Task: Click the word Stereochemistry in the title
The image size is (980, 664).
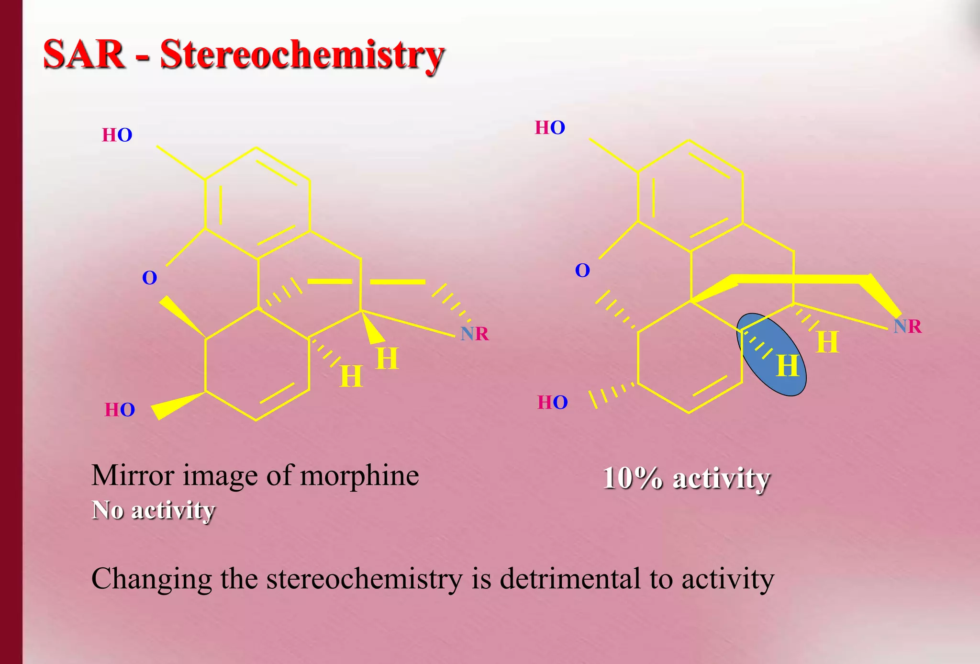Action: (302, 55)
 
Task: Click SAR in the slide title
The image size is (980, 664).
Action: (84, 55)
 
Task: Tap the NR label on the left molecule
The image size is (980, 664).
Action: (474, 334)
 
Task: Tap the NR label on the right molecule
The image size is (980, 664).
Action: (907, 326)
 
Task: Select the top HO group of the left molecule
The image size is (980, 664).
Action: (117, 135)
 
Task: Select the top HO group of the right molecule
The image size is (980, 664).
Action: (550, 128)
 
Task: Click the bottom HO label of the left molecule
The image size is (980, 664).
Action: (120, 410)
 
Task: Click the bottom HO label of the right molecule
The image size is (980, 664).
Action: (553, 403)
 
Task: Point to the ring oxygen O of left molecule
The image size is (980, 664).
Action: (149, 278)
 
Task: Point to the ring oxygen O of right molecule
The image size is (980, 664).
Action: (582, 270)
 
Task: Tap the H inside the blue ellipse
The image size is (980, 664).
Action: (787, 366)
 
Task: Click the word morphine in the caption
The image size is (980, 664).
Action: (359, 475)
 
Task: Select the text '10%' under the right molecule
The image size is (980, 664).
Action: (633, 478)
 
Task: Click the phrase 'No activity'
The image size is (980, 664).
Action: (153, 510)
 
